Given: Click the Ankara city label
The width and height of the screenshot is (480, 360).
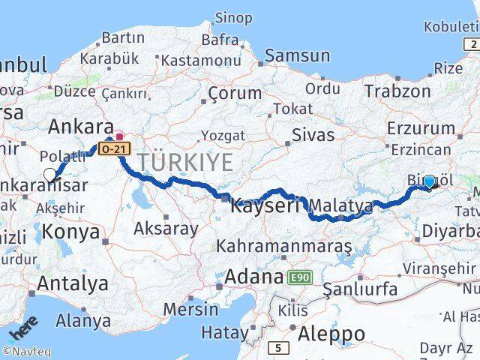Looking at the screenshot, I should click(x=81, y=125).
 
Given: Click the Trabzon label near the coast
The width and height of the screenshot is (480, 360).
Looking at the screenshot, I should click(x=397, y=91).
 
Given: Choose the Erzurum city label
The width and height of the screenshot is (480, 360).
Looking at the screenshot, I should click(x=421, y=129).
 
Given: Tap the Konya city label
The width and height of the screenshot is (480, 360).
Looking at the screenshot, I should click(x=71, y=232).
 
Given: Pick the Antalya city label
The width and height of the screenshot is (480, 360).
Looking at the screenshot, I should click(x=72, y=283).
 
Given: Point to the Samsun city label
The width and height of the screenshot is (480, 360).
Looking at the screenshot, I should click(x=297, y=55).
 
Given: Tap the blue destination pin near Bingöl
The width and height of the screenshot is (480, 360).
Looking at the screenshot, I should click(x=429, y=181).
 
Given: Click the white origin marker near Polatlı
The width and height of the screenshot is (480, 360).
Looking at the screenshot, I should click(x=50, y=175).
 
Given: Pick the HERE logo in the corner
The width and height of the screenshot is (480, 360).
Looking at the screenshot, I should click(x=22, y=331).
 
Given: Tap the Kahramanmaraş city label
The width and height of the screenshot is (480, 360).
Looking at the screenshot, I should click(x=284, y=245).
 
